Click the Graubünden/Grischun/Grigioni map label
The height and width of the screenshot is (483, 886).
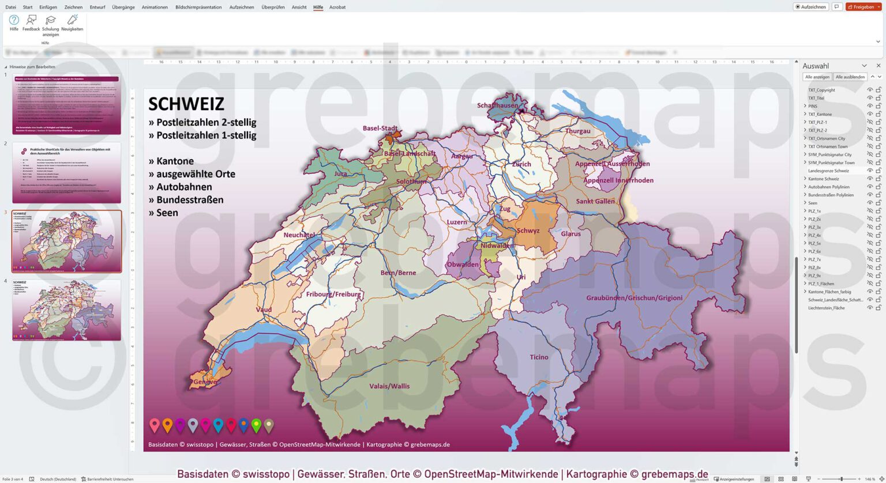point(634,298)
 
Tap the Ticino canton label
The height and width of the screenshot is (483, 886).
point(539,357)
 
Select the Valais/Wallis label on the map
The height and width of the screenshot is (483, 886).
point(389,386)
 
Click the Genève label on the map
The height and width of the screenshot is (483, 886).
point(205,382)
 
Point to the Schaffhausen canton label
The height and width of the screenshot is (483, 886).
point(498,105)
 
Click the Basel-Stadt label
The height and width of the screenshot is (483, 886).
point(380,129)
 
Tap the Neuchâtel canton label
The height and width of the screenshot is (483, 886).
point(299,235)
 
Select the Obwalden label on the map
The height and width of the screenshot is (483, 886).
point(463,265)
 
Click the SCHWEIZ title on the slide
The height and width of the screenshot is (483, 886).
point(186,104)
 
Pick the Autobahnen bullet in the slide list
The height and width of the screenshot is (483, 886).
point(180,187)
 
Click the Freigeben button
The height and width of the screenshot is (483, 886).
point(863,7)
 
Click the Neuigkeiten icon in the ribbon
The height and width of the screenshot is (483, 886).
point(72,23)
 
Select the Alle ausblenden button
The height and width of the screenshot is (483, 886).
point(850,77)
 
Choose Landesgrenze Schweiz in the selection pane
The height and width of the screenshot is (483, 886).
point(828,171)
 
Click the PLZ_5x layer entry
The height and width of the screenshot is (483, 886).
point(814,243)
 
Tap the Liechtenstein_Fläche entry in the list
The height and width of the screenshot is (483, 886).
point(826,308)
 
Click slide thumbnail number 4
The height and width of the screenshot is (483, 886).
point(66,310)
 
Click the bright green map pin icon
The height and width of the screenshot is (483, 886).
point(256,425)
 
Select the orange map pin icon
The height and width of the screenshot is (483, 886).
point(167,425)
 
